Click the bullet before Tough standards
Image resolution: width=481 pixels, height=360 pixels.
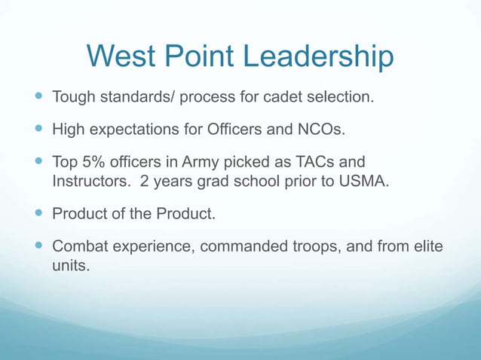(38, 97)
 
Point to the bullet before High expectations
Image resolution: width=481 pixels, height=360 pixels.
(38, 129)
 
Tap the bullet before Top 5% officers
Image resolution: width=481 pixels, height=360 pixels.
(38, 160)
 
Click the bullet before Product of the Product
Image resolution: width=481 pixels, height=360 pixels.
(38, 214)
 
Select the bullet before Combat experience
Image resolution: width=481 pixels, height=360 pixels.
(38, 246)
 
